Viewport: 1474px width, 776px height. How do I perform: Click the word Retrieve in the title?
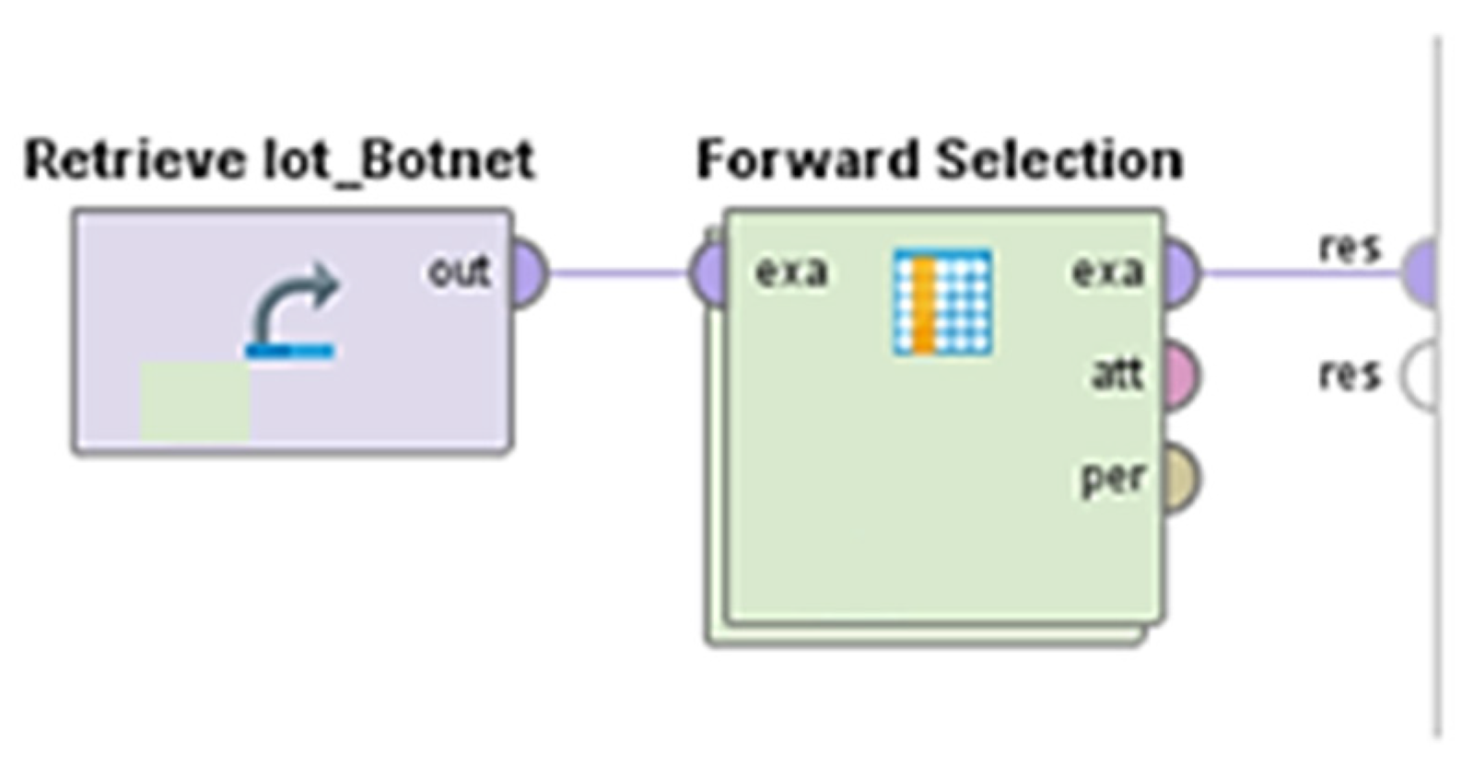pyautogui.click(x=135, y=161)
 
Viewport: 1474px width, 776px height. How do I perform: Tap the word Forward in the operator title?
pyautogui.click(x=807, y=159)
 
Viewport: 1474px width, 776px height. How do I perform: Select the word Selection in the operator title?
pyautogui.click(x=1059, y=159)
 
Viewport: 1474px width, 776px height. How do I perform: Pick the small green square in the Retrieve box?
pyautogui.click(x=195, y=401)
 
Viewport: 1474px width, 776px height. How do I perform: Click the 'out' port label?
pyautogui.click(x=460, y=272)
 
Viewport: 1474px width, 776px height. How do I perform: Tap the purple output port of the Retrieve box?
pyautogui.click(x=530, y=272)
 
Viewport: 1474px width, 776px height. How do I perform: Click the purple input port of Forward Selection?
pyautogui.click(x=706, y=272)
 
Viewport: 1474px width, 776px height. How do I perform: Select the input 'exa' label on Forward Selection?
pyautogui.click(x=791, y=272)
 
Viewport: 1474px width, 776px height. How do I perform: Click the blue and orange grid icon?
pyautogui.click(x=942, y=302)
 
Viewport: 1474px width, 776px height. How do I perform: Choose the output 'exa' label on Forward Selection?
pyautogui.click(x=1108, y=272)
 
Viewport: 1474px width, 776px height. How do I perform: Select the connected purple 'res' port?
pyautogui.click(x=1420, y=272)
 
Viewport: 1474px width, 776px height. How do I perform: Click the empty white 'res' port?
pyautogui.click(x=1420, y=376)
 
